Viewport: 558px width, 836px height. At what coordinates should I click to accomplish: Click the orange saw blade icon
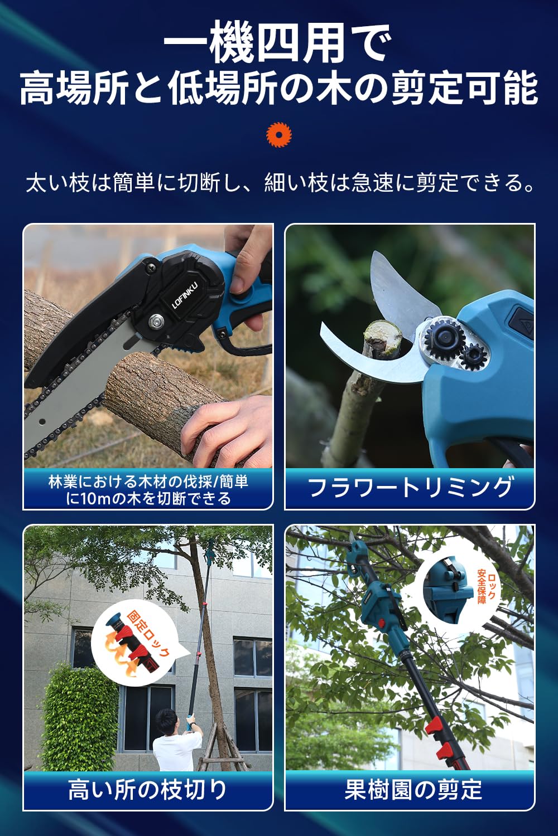point(279,134)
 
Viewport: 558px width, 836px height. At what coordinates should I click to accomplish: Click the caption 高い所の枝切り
point(148,790)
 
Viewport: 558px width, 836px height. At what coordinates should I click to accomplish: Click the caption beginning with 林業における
point(148,489)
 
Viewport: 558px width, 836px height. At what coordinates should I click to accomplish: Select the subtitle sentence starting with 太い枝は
point(279,183)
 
